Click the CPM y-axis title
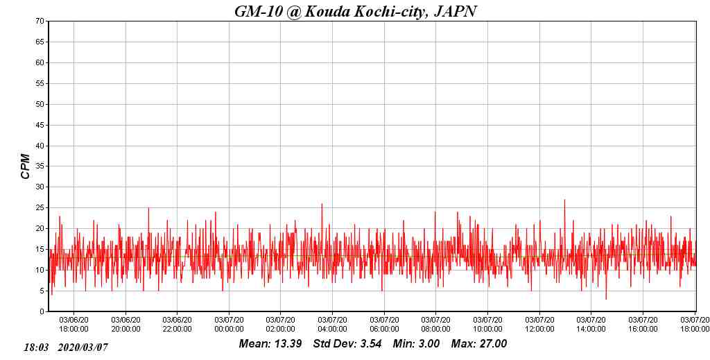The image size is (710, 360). pyautogui.click(x=26, y=166)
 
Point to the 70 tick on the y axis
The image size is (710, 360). pyautogui.click(x=40, y=22)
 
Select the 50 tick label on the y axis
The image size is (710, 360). pyautogui.click(x=40, y=104)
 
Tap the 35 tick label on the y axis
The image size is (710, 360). pyautogui.click(x=40, y=166)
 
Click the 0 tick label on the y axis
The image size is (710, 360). pyautogui.click(x=42, y=311)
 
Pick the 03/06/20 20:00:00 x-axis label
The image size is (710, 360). pyautogui.click(x=125, y=325)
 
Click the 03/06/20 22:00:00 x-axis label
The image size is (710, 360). pyautogui.click(x=177, y=325)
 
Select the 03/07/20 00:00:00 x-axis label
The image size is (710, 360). pyautogui.click(x=229, y=325)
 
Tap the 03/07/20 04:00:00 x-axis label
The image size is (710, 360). pyautogui.click(x=332, y=325)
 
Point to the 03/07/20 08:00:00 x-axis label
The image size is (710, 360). pyautogui.click(x=436, y=325)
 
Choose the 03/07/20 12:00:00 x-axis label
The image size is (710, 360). pyautogui.click(x=539, y=325)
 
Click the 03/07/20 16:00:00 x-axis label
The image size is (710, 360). pyautogui.click(x=643, y=325)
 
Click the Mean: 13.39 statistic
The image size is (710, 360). pyautogui.click(x=270, y=344)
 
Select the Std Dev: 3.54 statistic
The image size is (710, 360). pyautogui.click(x=347, y=344)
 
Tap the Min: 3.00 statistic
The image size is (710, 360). pyautogui.click(x=416, y=344)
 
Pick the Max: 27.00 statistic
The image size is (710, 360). pyautogui.click(x=479, y=344)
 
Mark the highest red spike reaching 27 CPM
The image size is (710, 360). pyautogui.click(x=564, y=200)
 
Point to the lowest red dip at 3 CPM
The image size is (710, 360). pyautogui.click(x=606, y=298)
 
